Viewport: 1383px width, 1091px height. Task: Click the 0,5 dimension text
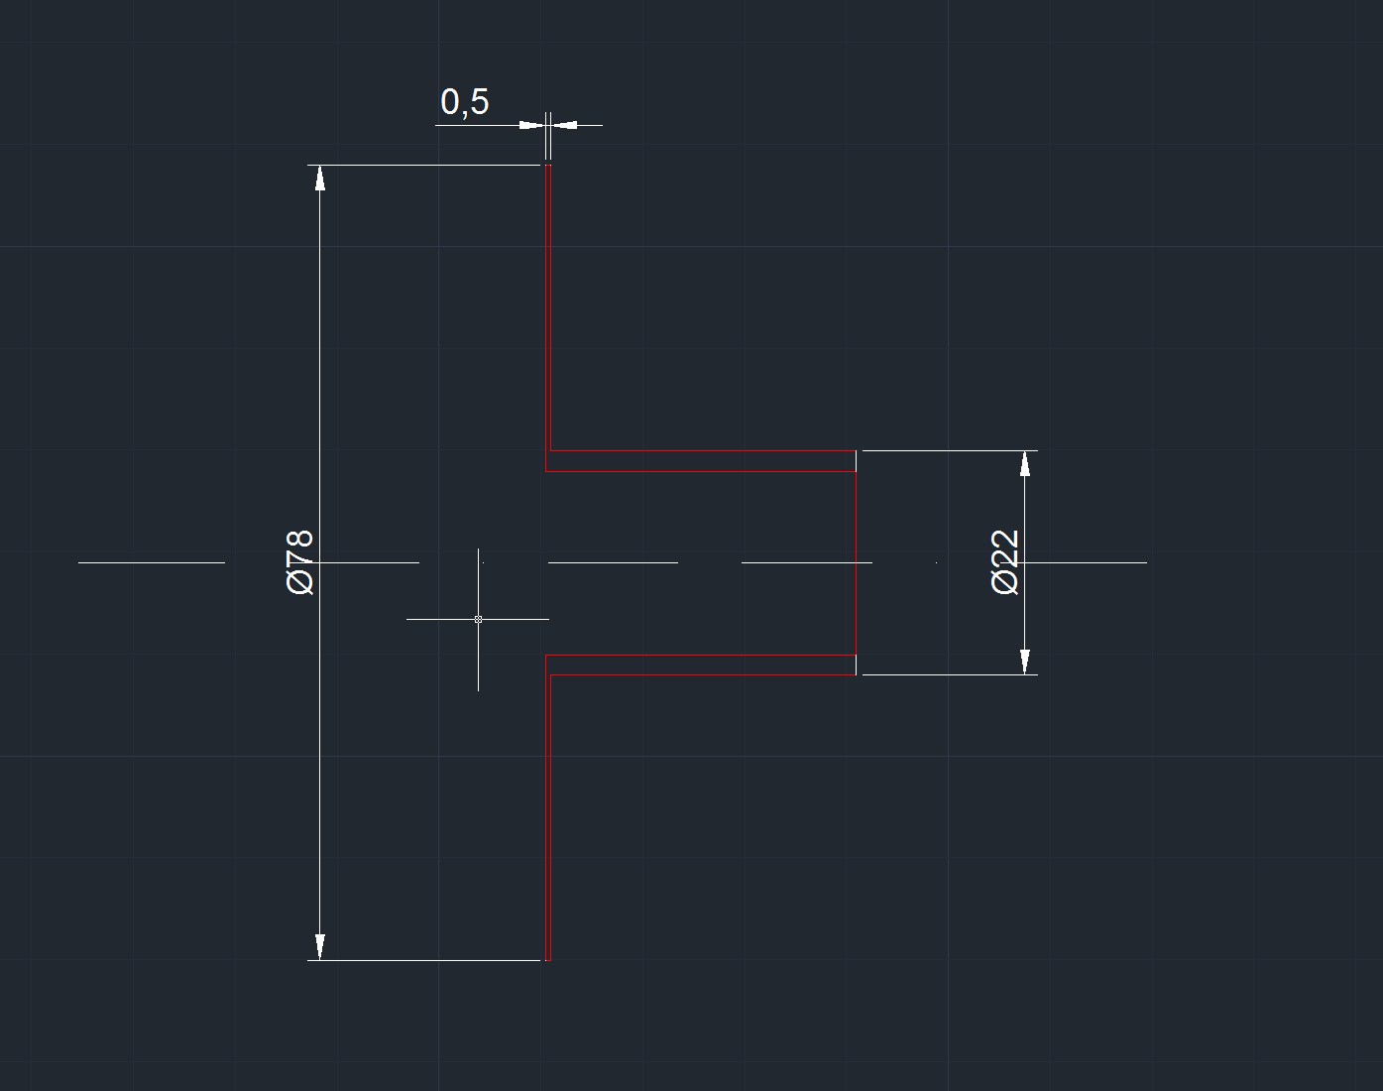tap(464, 101)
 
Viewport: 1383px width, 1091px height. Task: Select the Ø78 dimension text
tap(300, 561)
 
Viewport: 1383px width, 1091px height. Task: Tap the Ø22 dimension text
tap(1004, 561)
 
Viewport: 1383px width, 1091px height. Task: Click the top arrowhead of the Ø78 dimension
tap(319, 178)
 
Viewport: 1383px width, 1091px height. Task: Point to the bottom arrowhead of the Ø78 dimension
tap(319, 947)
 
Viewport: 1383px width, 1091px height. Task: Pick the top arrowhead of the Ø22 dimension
tap(1025, 463)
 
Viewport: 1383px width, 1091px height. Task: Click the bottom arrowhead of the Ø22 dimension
tap(1025, 662)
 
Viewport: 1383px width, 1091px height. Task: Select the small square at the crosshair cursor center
tap(478, 619)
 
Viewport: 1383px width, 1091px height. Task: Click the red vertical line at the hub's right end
tap(856, 562)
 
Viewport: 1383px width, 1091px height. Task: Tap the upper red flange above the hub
tap(547, 307)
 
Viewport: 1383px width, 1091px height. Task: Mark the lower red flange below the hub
tap(547, 813)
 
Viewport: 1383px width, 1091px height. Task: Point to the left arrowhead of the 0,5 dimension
tap(531, 125)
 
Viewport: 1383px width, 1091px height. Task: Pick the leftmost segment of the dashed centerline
tap(151, 562)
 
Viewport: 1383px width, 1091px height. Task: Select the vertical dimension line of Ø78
tap(319, 397)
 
